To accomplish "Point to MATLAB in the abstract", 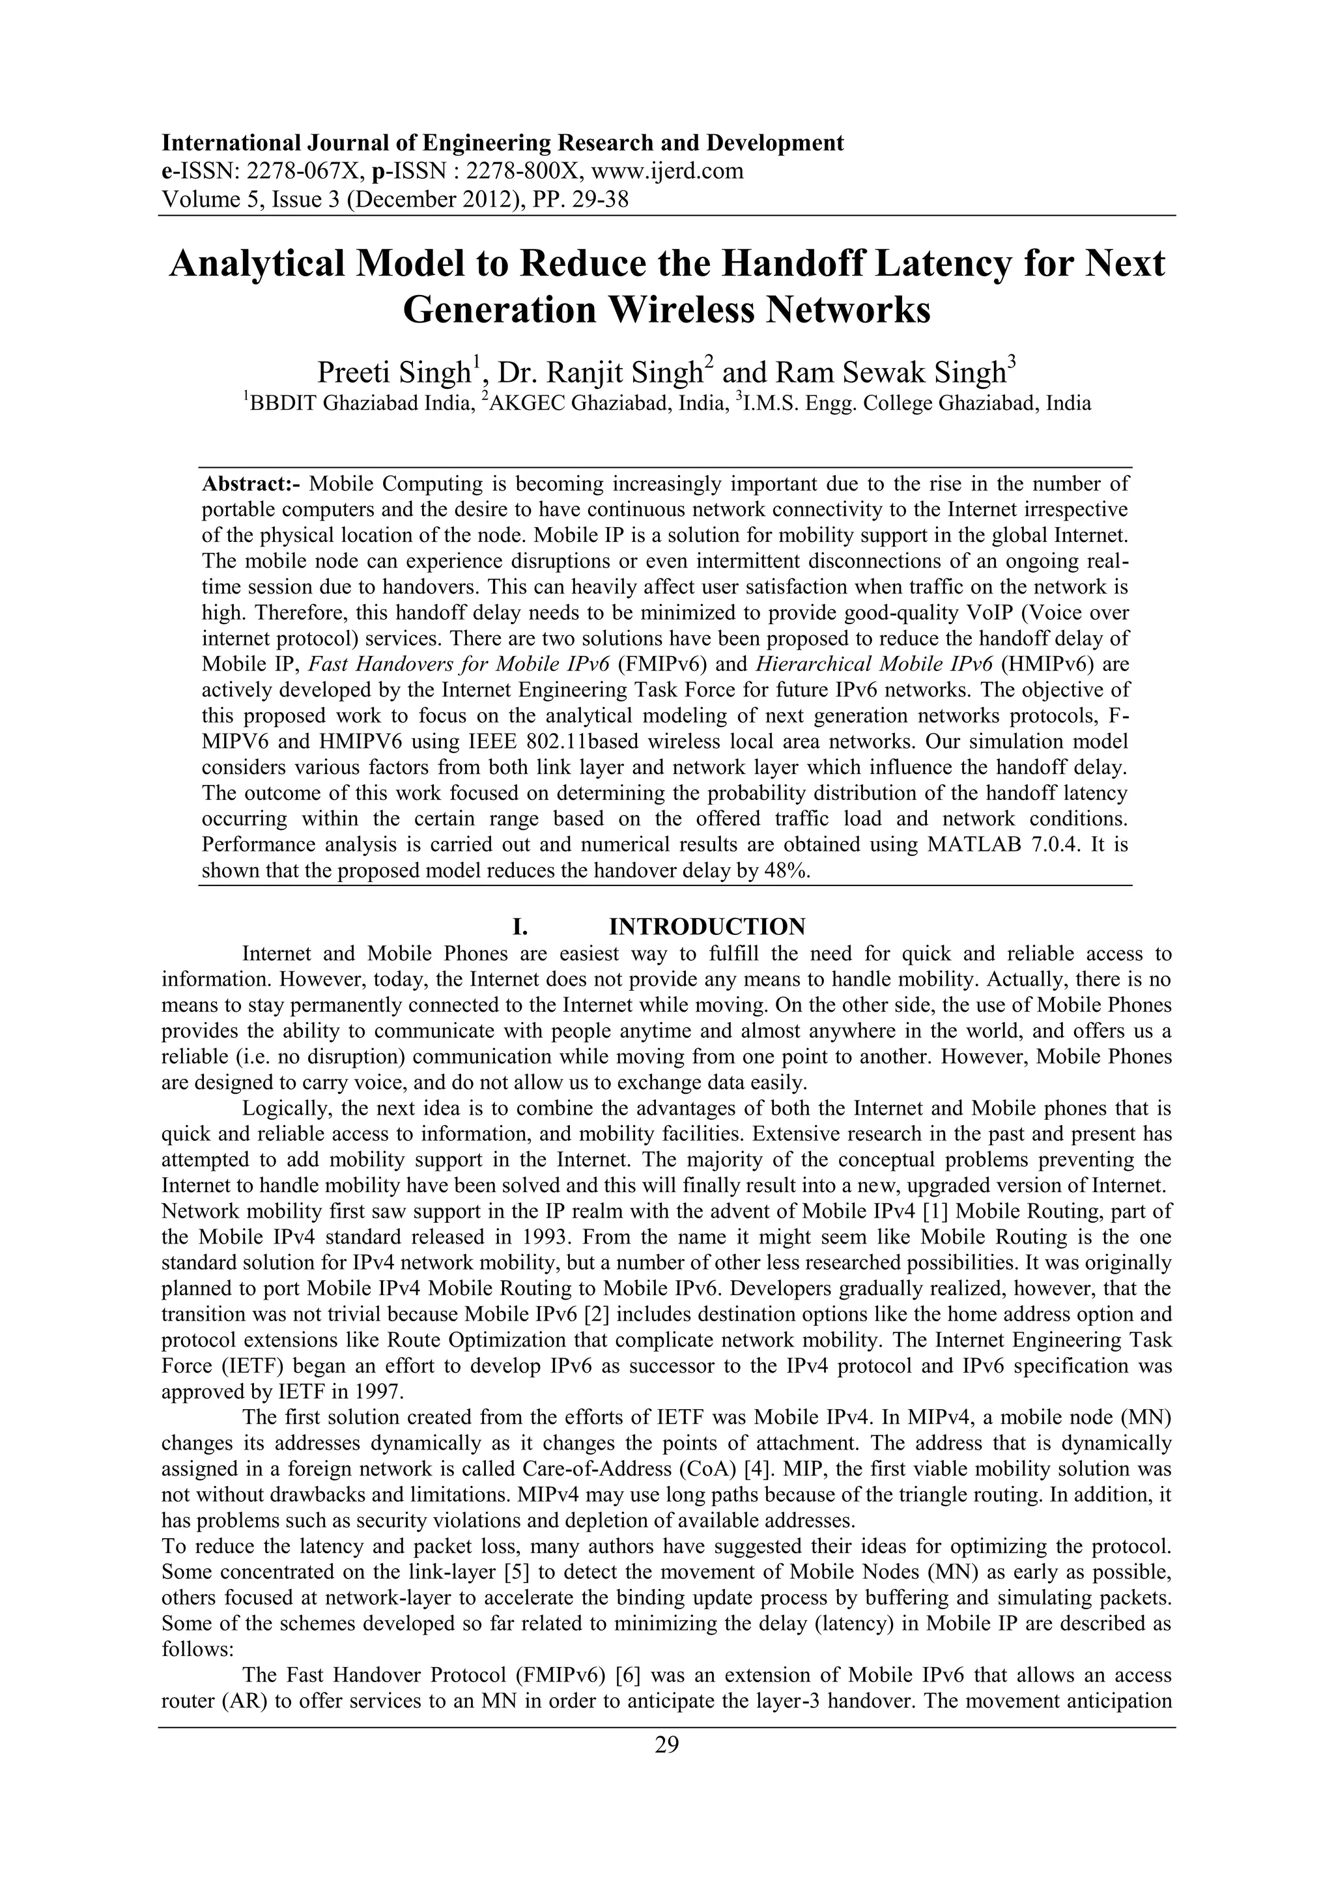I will pyautogui.click(x=971, y=845).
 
